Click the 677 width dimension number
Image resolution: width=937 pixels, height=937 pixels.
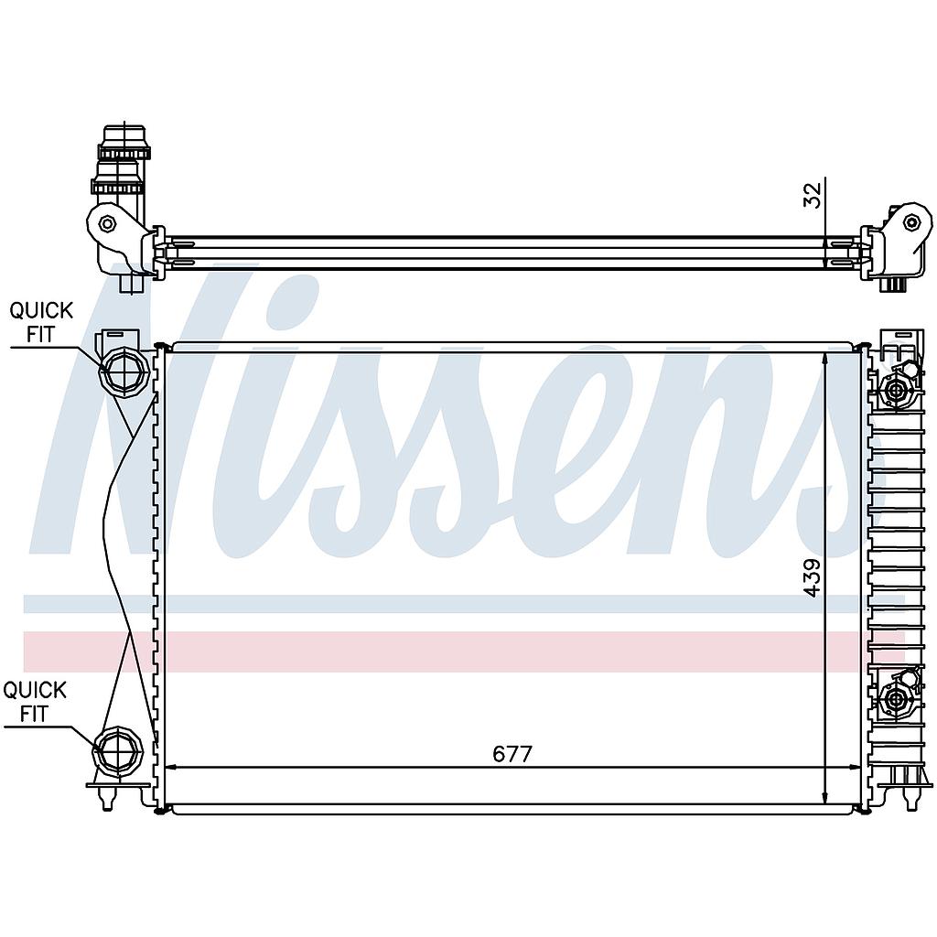pos(512,754)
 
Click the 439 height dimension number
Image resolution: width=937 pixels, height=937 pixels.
pos(813,578)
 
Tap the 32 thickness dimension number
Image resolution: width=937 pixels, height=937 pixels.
pos(813,194)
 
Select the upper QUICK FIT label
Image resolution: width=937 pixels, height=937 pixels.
pos(41,322)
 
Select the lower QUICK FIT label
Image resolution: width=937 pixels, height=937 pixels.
pos(35,702)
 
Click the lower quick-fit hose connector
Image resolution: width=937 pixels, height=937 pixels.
pos(118,751)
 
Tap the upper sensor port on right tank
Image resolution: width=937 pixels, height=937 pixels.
pos(896,391)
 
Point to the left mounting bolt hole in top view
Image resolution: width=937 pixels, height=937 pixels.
pos(107,223)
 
